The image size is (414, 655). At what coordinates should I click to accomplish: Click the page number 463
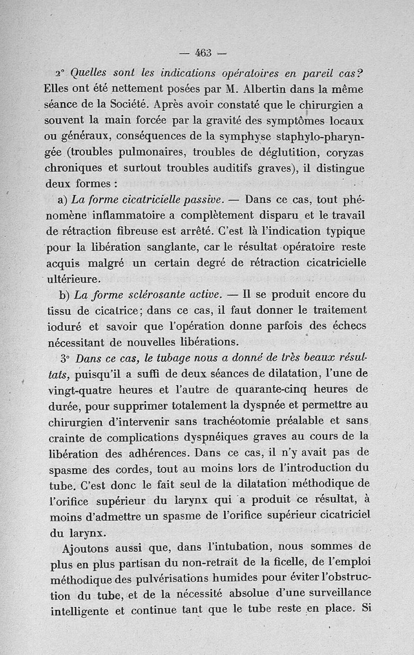coord(203,53)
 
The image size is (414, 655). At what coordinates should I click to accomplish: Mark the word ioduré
coord(65,327)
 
